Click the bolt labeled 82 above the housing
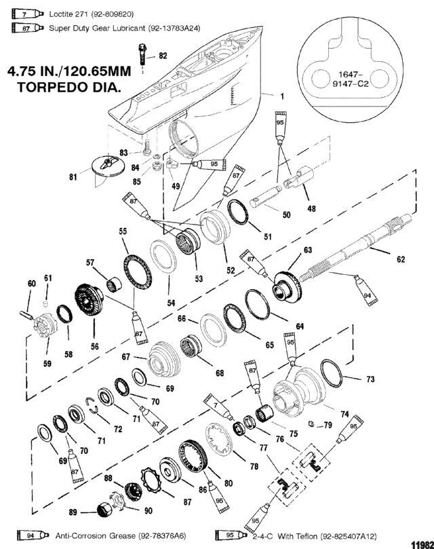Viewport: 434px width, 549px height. coord(142,55)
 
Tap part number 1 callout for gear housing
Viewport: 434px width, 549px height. coord(282,96)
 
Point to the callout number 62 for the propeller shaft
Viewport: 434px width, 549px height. coord(401,259)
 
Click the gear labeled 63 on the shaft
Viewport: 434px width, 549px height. coord(286,286)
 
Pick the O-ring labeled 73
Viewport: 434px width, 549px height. coord(331,373)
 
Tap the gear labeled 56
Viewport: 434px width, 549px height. coord(90,301)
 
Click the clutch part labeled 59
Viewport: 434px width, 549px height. coord(45,326)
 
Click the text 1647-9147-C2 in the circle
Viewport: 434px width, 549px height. coord(353,79)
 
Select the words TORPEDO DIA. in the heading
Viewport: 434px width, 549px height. coord(69,87)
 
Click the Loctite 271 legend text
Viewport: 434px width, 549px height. coord(92,14)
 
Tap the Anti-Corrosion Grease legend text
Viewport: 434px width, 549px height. coord(121,535)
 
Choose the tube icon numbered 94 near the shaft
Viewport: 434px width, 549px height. coord(366,290)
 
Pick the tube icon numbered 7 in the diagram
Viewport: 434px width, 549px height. coord(218,407)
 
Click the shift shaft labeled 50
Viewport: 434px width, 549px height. coord(266,196)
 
